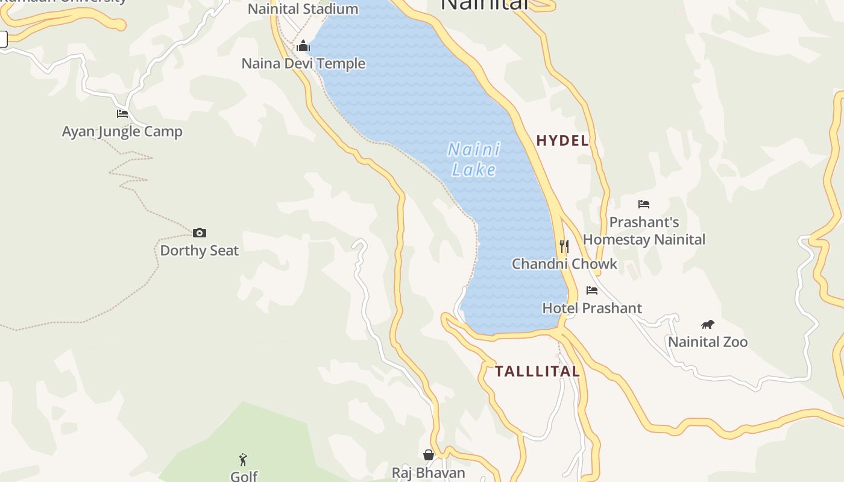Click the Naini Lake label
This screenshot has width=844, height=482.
[474, 160]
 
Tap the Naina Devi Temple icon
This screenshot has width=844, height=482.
[303, 46]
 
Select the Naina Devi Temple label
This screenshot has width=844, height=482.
[303, 63]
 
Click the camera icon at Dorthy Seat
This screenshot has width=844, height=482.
[200, 233]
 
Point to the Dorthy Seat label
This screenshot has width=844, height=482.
[200, 251]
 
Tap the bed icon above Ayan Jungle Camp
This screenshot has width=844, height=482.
[122, 113]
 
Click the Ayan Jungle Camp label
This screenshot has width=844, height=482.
[122, 131]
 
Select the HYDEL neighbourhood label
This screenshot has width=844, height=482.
[562, 141]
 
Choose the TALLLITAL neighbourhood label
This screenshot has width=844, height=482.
[537, 371]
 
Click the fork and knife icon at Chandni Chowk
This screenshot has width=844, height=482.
[564, 246]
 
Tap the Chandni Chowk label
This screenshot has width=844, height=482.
[564, 264]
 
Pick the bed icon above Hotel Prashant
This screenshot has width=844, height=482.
[592, 290]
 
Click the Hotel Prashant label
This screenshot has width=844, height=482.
[592, 308]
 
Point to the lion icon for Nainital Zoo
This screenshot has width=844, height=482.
[708, 325]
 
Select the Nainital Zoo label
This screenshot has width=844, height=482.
[708, 342]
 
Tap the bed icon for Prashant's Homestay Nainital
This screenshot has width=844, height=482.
[644, 204]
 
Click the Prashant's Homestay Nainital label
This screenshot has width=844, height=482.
[644, 231]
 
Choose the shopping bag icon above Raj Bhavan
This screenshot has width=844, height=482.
[429, 455]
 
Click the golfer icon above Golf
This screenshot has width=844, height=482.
[244, 460]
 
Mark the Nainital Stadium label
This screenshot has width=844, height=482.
[303, 9]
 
